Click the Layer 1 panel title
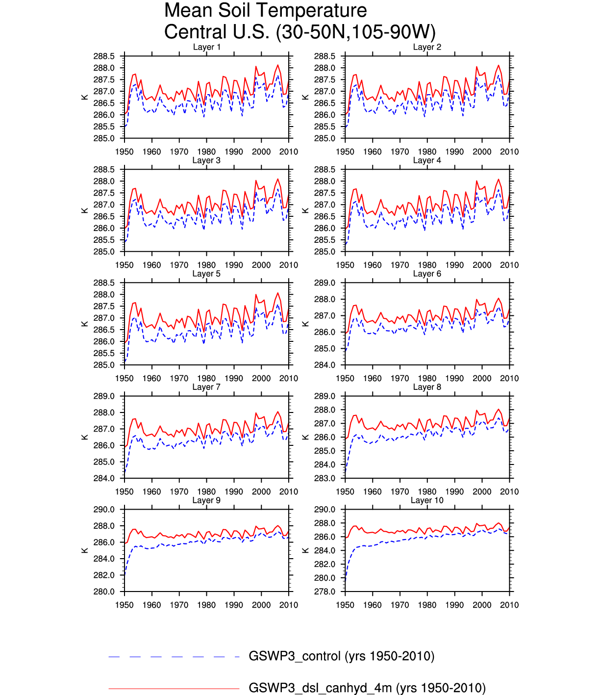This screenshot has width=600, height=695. pos(206,47)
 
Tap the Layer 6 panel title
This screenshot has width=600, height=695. pos(427,274)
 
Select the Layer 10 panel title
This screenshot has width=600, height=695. pos(427,500)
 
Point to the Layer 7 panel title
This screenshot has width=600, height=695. pos(206,387)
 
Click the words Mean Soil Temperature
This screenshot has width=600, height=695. pos(265,10)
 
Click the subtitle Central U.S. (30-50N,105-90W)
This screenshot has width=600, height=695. pos(300,32)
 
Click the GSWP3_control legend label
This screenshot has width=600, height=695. pos(342,656)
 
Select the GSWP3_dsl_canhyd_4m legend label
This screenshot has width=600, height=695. pos(367,688)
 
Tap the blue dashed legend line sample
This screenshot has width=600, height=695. pos(174,657)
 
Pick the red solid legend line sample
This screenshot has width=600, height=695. pos(174,689)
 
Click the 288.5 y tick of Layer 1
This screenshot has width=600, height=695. pos(104,56)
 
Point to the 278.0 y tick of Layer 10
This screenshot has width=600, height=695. pos(325,592)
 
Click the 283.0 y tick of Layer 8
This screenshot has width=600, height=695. pos(325,478)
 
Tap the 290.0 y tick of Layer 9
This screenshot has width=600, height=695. pos(104,510)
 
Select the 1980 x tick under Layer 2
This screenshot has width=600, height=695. pos(427,152)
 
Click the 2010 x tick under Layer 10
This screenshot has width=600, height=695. pos(509,605)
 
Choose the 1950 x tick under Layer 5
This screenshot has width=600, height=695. pos(124,379)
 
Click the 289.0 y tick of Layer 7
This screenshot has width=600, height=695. pos(104,396)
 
